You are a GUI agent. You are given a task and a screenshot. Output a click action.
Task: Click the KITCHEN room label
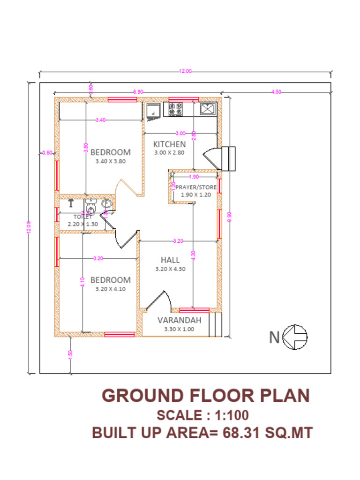coord(169,144)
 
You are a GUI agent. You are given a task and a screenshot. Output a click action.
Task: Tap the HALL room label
coord(170,260)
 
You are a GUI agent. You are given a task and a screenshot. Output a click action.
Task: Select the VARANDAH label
coord(179,320)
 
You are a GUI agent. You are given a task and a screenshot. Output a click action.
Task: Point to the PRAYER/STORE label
coord(196,187)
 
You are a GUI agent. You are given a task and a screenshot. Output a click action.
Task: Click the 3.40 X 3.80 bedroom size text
coord(110,161)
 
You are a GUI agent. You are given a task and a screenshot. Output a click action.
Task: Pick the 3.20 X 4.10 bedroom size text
coord(110,289)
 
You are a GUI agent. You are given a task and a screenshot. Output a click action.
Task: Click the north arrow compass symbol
coord(297,337)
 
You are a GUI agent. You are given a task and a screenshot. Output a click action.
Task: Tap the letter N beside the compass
coord(275,337)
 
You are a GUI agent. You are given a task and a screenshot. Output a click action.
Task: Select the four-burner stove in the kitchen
coord(175,110)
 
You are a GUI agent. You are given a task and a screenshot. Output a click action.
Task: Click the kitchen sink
coord(207,109)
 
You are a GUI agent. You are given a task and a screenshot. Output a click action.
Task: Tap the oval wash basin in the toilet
coord(107,204)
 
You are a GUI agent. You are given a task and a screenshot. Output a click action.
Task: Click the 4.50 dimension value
coord(277,92)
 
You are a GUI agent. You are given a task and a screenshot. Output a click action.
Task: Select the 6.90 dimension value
coord(138,92)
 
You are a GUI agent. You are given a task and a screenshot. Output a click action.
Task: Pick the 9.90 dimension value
coord(229,216)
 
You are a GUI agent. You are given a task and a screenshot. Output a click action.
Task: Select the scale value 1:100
coord(230,415)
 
